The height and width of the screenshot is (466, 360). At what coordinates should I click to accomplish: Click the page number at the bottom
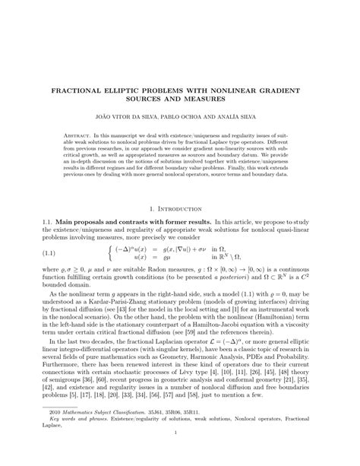(x=179, y=455)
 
